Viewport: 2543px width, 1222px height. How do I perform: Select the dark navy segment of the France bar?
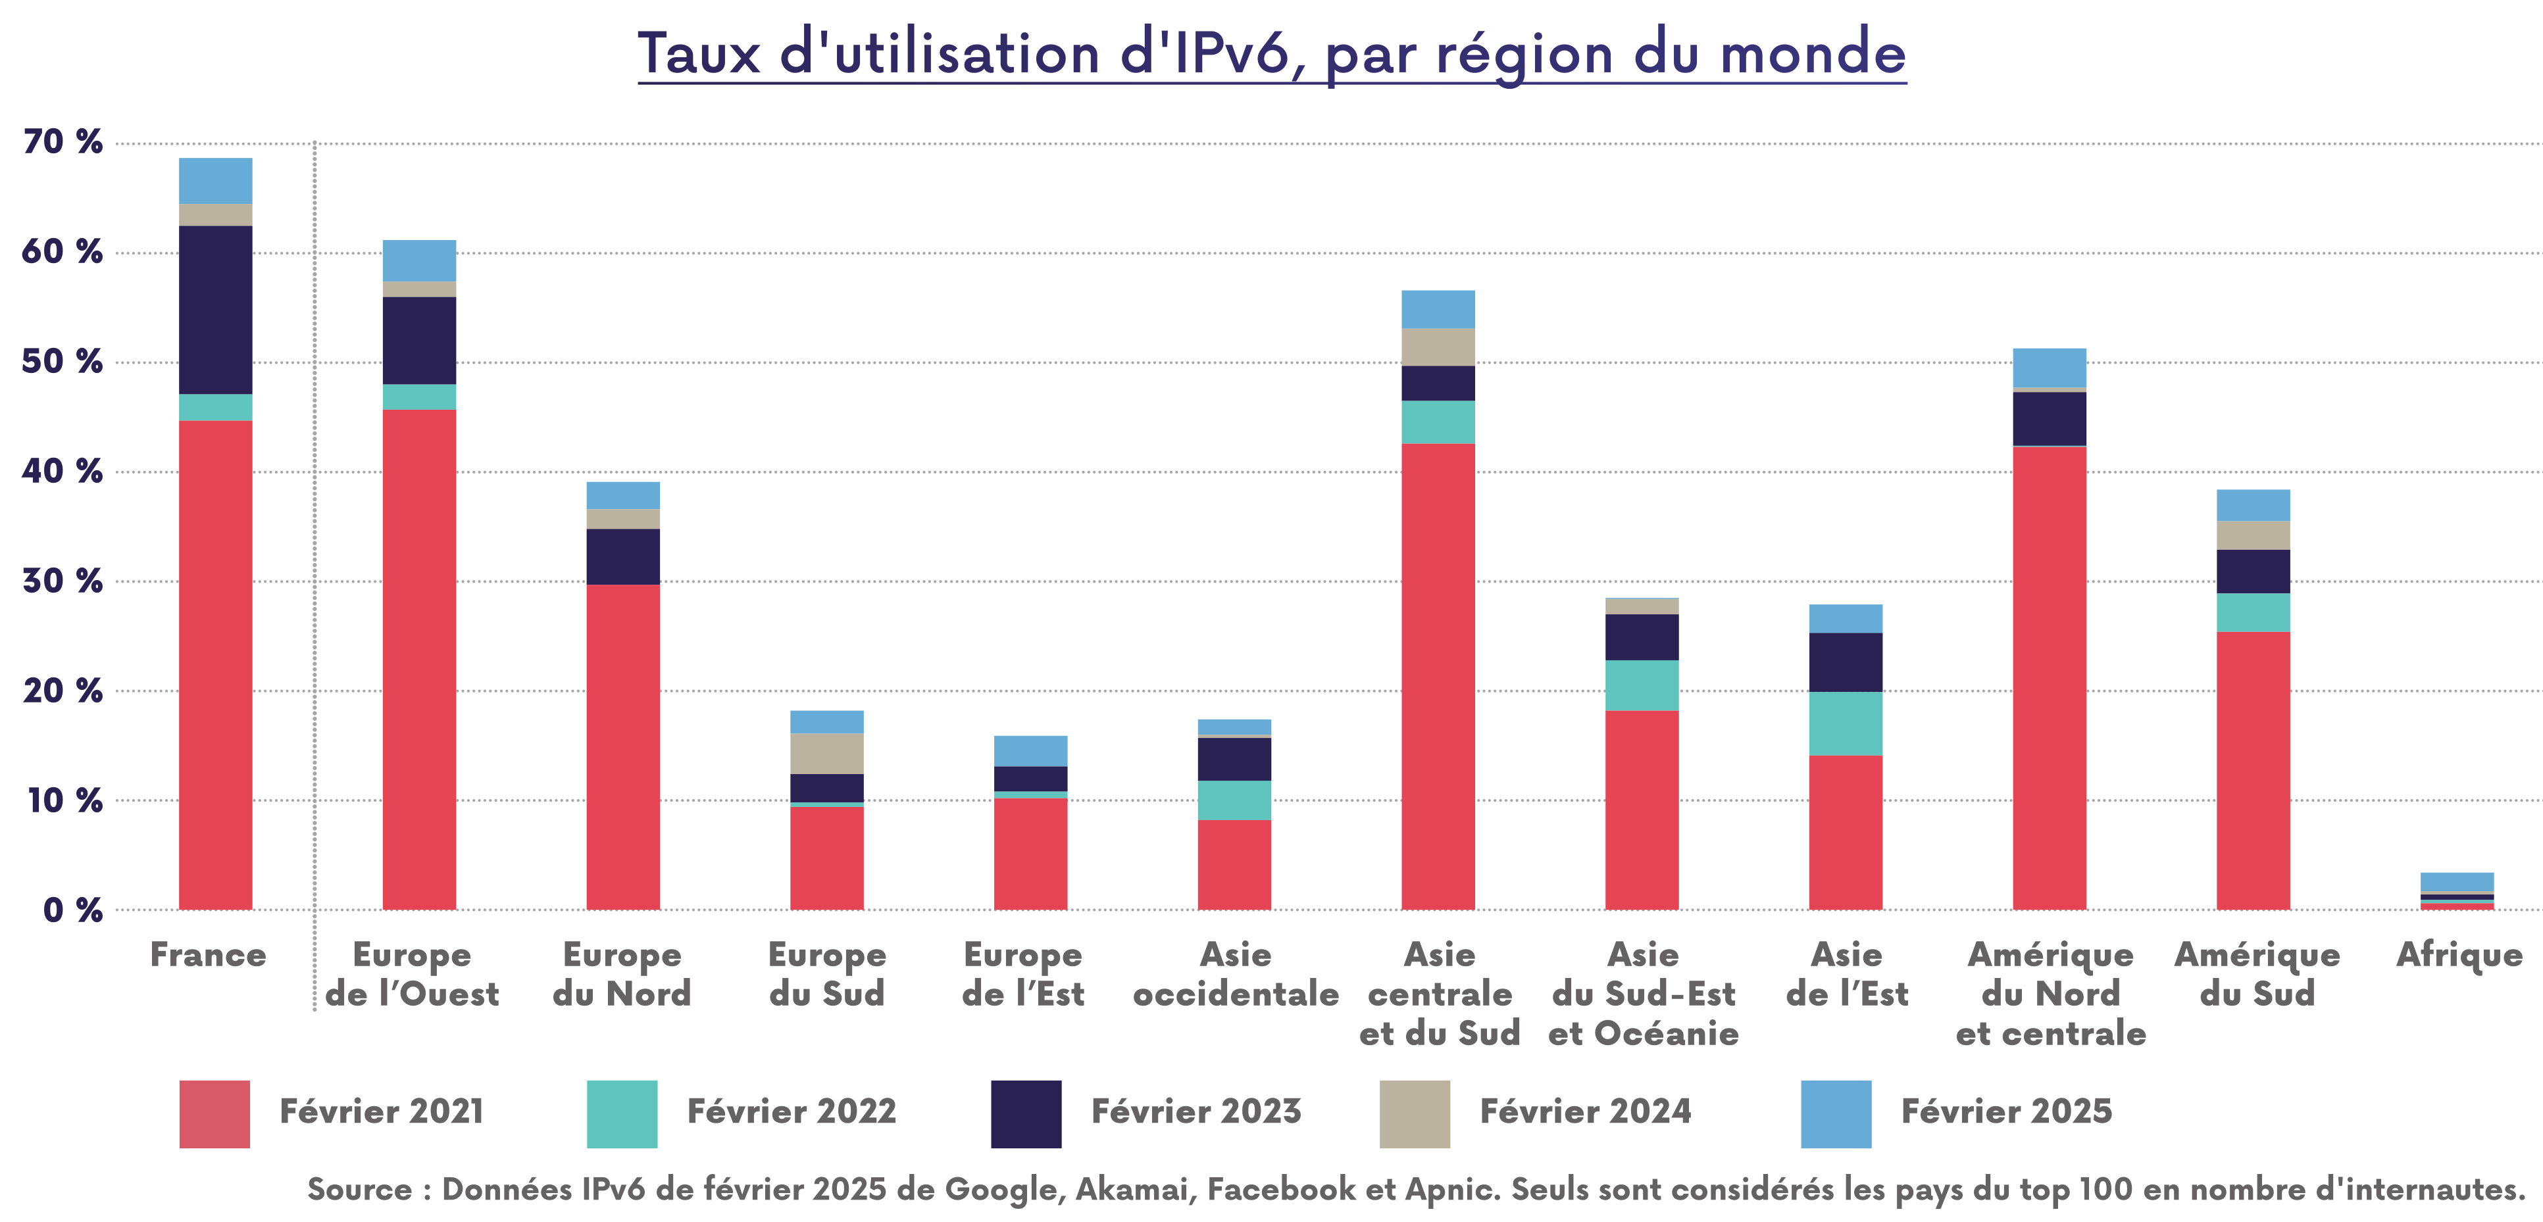click(x=215, y=309)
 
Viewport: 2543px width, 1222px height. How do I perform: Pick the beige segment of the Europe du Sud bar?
click(x=826, y=753)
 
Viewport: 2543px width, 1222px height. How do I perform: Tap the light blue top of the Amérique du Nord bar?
click(x=2050, y=367)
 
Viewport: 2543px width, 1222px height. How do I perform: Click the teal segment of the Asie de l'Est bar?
click(x=1845, y=723)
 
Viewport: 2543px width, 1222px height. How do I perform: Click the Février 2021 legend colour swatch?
click(x=214, y=1113)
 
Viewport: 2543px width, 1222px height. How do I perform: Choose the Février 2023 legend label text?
click(x=1196, y=1112)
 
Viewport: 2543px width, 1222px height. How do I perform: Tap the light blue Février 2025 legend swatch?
click(x=1835, y=1113)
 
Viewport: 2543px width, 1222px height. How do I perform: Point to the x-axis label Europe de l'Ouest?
click(x=412, y=973)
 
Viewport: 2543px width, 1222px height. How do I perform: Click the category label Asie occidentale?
click(x=1235, y=973)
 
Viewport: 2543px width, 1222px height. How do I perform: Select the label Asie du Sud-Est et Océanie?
click(x=1643, y=993)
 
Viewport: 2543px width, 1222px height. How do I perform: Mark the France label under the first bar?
click(x=209, y=954)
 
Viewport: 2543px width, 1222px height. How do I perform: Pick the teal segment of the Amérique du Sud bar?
click(x=2253, y=612)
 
